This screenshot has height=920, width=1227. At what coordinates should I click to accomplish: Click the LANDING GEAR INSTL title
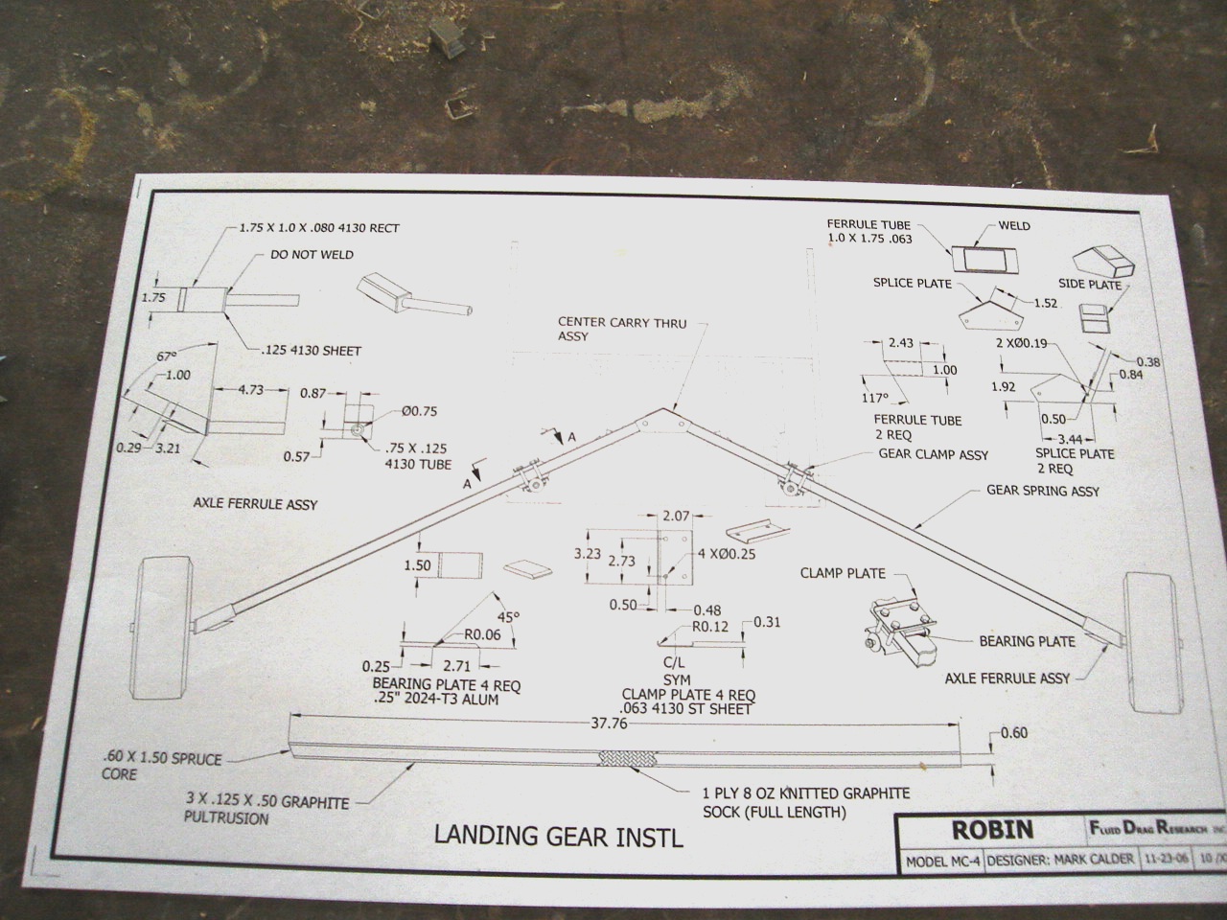click(x=559, y=836)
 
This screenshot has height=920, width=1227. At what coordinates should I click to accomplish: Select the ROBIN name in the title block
click(x=991, y=829)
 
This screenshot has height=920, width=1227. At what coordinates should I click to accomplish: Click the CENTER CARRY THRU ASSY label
click(x=622, y=329)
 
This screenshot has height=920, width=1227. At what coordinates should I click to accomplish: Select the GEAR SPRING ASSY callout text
click(x=1043, y=491)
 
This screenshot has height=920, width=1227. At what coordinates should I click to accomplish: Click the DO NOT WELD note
click(x=312, y=255)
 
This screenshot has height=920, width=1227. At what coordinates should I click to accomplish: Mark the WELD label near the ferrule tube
click(x=1014, y=226)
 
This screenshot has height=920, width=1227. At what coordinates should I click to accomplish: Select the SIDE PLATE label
click(x=1090, y=285)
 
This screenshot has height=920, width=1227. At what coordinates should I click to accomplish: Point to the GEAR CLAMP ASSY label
click(x=933, y=454)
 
